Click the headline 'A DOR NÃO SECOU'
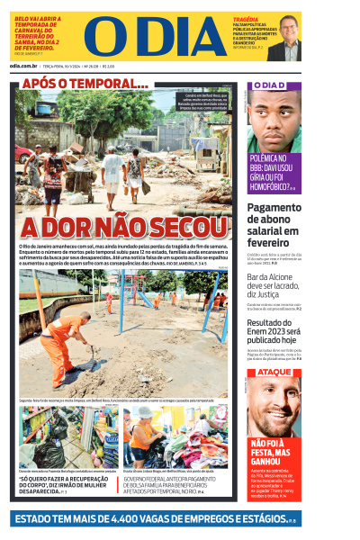[x=123, y=227]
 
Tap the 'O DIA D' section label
[x=269, y=85]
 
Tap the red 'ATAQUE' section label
[x=274, y=372]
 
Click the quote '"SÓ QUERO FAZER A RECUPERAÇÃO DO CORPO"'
[x=66, y=483]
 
